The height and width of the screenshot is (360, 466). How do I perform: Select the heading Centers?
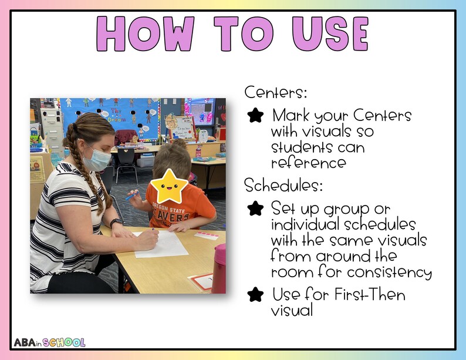276,93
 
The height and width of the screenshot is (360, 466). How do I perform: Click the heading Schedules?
283,186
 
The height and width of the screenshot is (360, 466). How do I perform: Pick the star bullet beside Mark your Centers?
255,115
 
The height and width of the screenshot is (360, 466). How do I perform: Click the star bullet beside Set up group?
255,208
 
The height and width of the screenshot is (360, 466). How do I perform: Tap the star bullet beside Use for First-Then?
255,294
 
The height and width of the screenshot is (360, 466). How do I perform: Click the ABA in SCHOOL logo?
49,342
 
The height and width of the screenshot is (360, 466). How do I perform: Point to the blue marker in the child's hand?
131,195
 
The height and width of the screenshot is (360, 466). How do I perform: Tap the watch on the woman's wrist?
116,223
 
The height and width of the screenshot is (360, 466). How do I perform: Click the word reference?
308,162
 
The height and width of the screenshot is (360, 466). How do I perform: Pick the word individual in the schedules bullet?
305,225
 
